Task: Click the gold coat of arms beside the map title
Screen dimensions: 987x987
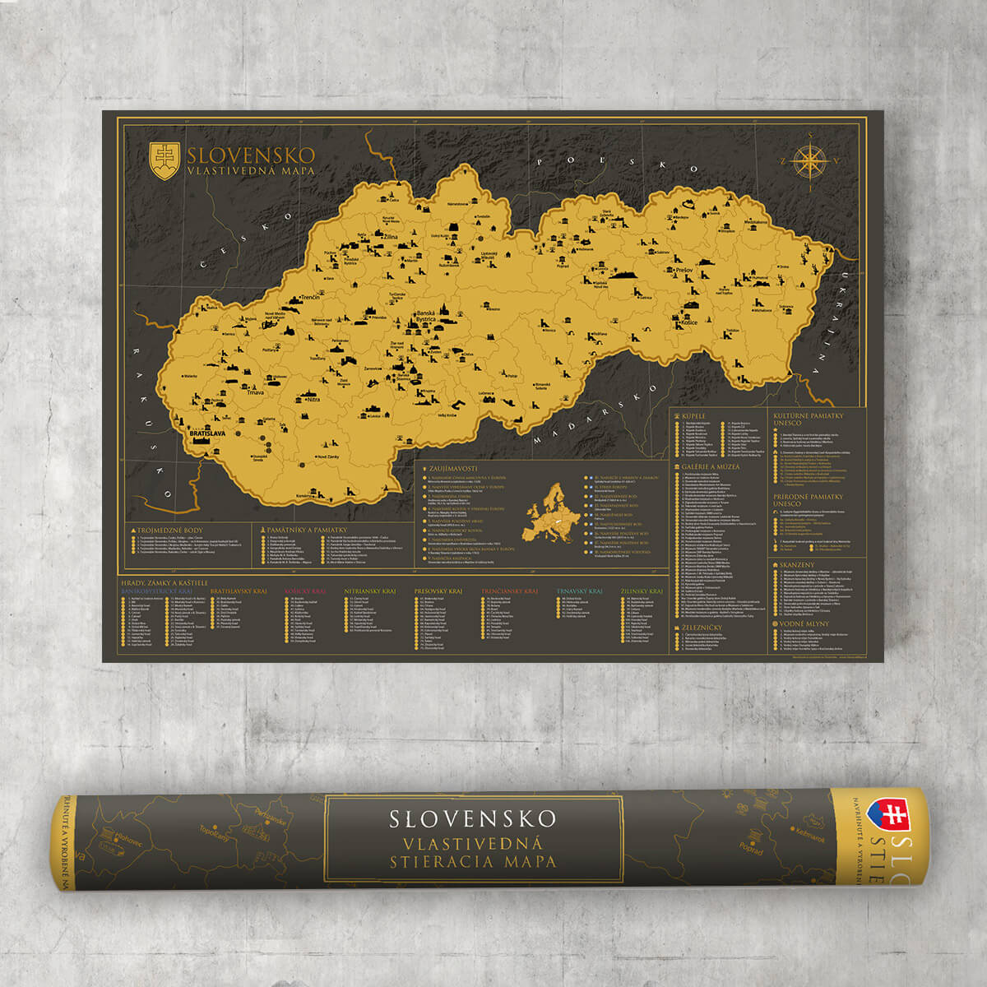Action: pos(164,161)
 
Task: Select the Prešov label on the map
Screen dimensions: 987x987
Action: pos(685,270)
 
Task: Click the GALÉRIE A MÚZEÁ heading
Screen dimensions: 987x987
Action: pos(711,466)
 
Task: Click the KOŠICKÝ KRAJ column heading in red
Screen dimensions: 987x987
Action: pos(302,591)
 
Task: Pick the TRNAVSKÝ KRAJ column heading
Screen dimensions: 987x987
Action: pos(579,591)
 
